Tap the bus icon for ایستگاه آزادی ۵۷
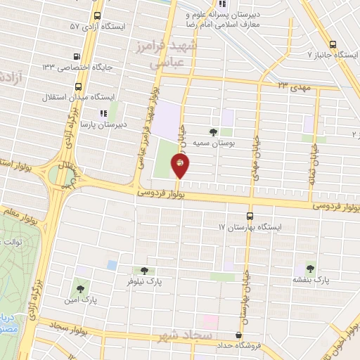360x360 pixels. (96, 15)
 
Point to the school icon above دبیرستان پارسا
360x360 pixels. (103, 111)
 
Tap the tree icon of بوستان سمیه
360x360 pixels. (214, 131)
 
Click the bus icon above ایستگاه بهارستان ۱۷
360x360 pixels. (250, 216)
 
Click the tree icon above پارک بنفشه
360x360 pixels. (310, 269)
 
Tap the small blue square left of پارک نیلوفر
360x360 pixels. (112, 264)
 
